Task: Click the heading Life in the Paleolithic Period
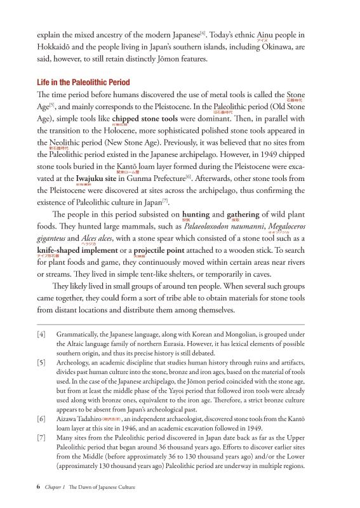(x=79, y=83)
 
